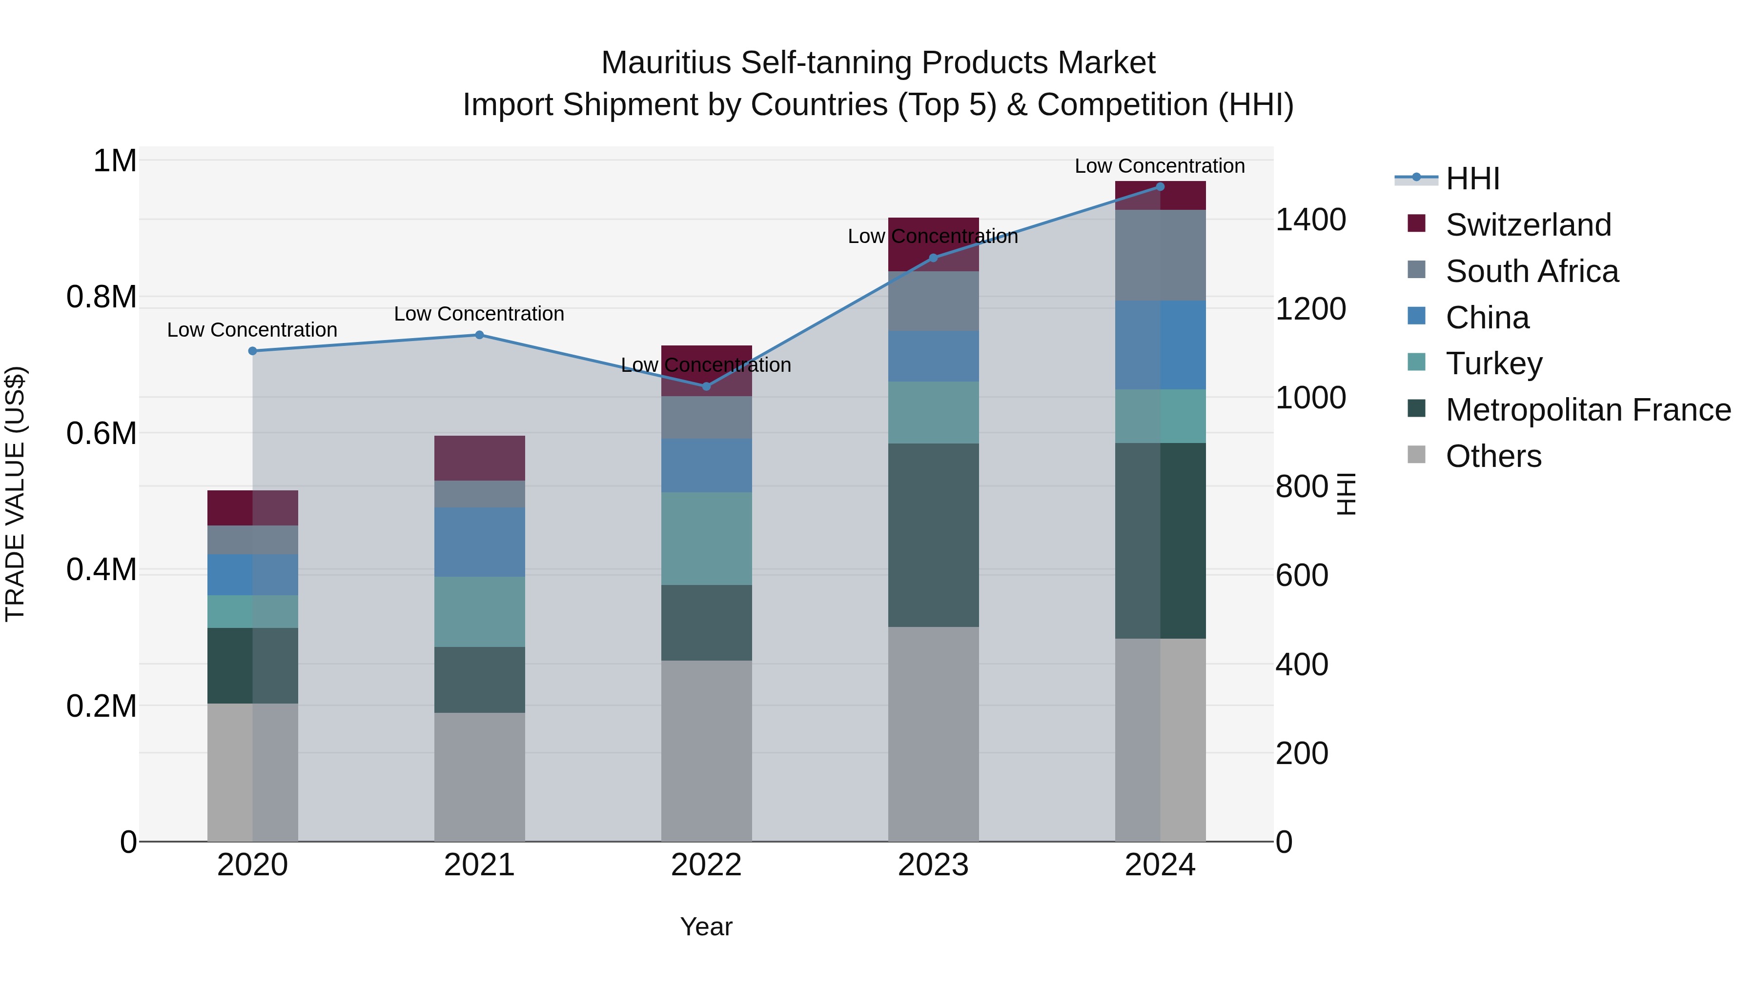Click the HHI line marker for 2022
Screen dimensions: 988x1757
pos(706,386)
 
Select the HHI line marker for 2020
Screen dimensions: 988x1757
pos(252,351)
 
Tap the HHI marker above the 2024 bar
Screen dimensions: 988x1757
pos(1160,187)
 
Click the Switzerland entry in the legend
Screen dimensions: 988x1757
pos(1527,225)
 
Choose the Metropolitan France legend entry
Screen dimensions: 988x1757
pos(1587,410)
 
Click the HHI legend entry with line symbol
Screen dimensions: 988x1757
pos(1472,179)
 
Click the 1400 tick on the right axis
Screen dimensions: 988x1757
pos(1310,220)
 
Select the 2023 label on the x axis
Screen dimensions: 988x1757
pos(933,865)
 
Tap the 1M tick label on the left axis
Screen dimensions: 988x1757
pos(115,161)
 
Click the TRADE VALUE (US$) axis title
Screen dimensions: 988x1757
pos(15,494)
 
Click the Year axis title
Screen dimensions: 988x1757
pos(706,927)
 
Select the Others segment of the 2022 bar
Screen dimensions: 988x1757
pos(706,750)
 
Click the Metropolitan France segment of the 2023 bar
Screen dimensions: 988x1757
pos(933,535)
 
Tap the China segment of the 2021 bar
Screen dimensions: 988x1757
pos(479,542)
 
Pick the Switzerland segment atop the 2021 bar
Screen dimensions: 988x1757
pos(479,458)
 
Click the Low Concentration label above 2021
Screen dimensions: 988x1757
pos(479,314)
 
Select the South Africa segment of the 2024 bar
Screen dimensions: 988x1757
pos(1160,255)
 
